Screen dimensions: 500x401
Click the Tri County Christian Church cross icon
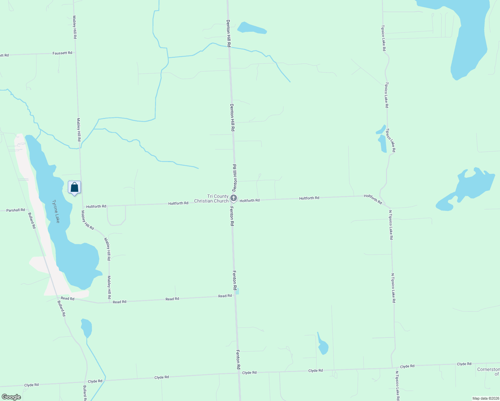[x=234, y=198]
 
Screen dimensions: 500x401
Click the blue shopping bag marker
[x=74, y=187]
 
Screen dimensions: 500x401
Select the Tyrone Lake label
[x=56, y=211]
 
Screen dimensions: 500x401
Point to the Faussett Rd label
[x=62, y=53]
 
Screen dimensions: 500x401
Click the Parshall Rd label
[x=16, y=210]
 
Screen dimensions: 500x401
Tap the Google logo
[x=11, y=397]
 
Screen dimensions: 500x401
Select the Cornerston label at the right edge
[x=488, y=370]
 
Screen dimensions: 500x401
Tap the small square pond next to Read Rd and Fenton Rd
[x=237, y=291]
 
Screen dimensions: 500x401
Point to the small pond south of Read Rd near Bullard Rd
[x=86, y=327]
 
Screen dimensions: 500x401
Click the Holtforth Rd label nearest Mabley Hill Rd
[x=96, y=207]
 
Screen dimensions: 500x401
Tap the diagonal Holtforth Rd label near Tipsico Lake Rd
[x=373, y=199]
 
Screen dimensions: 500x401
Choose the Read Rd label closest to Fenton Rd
[x=225, y=296]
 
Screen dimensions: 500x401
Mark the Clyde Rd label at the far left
[x=31, y=385]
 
